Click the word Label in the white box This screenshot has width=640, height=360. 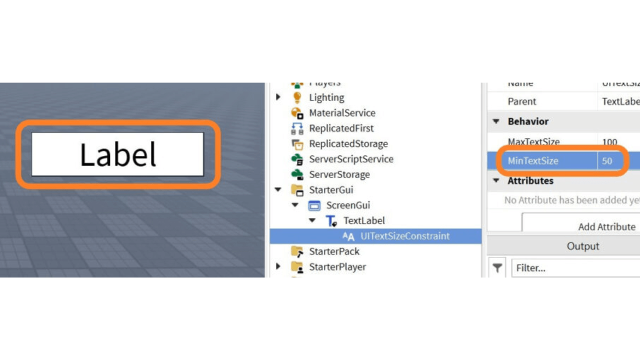[118, 154]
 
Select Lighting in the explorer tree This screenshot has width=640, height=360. [326, 97]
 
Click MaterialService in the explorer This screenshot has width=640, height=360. [342, 113]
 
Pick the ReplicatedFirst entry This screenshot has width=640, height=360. [341, 128]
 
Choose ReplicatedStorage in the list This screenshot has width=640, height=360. [348, 144]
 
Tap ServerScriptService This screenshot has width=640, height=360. [351, 159]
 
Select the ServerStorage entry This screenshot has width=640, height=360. [339, 174]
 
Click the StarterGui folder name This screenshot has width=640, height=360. [331, 190]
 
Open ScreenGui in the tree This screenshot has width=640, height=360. [348, 205]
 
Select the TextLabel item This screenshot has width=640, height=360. [364, 220]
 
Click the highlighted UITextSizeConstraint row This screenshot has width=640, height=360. [404, 236]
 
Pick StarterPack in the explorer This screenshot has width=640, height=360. [334, 251]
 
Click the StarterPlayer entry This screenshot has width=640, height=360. [337, 267]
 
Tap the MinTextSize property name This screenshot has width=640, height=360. [533, 161]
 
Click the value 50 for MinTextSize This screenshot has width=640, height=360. [607, 161]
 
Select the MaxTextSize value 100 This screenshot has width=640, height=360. [609, 142]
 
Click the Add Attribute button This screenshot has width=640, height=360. [606, 226]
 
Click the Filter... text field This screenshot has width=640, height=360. [575, 268]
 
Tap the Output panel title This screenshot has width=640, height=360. [582, 246]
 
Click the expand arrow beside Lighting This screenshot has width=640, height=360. [278, 97]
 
